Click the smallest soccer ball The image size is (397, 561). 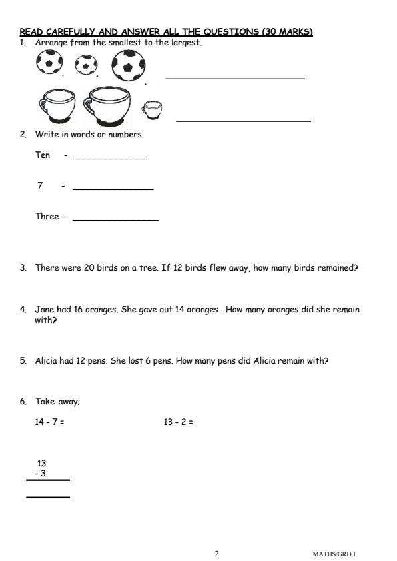[86, 65]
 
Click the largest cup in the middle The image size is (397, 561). [107, 105]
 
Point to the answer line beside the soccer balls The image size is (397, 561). [235, 78]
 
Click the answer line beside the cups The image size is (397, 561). [244, 121]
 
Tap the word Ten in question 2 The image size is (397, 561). [43, 155]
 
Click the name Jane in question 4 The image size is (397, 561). [45, 310]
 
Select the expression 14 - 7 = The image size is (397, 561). [49, 422]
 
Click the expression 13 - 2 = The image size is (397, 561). [178, 422]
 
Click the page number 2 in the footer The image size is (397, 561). [216, 554]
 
